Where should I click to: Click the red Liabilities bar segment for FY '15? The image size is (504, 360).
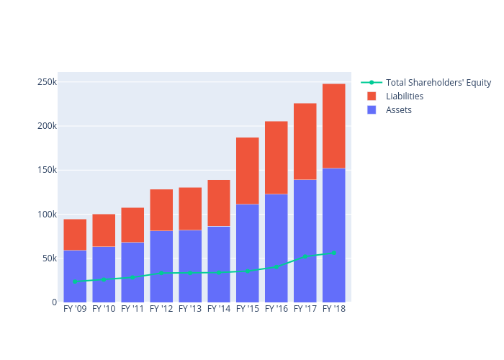248,171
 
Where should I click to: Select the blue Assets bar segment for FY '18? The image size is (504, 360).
334,235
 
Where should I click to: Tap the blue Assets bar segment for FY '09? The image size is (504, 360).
75,276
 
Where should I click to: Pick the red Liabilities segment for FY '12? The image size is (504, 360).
161,210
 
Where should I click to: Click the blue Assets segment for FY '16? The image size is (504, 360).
276,248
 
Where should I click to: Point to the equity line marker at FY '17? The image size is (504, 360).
305,256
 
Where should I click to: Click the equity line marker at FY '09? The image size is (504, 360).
75,282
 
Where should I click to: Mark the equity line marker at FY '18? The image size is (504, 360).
334,253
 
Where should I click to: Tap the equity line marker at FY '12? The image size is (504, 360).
161,273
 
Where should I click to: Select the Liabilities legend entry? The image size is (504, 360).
404,96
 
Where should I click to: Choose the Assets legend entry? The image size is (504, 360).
398,109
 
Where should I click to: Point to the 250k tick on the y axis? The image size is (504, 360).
47,82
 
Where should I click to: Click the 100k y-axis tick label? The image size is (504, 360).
47,215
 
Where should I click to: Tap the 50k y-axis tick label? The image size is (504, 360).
49,258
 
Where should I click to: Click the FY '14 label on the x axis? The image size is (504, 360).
219,309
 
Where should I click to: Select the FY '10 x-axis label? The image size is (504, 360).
104,309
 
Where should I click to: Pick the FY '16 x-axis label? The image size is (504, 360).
276,309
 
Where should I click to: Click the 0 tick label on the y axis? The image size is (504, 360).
54,302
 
